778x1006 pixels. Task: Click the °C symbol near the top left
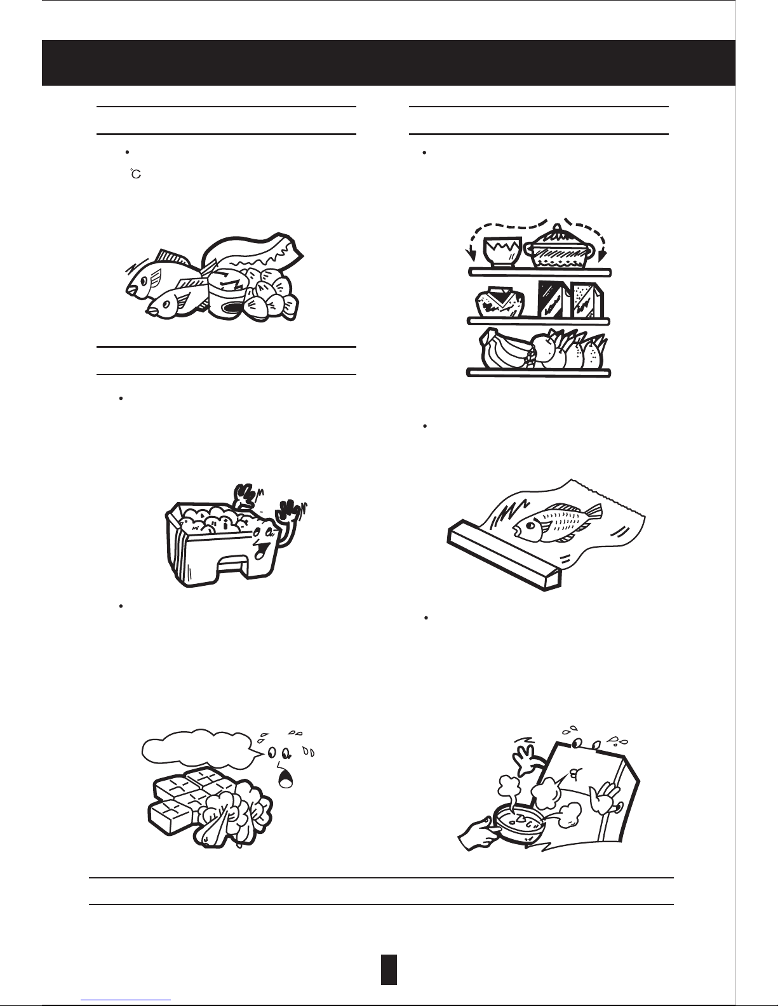(136, 174)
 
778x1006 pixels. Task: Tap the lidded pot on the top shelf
(559, 248)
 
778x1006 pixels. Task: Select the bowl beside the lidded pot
(502, 252)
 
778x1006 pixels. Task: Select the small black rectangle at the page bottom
(389, 969)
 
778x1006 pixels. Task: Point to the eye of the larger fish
(144, 281)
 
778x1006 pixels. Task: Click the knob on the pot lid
(558, 227)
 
